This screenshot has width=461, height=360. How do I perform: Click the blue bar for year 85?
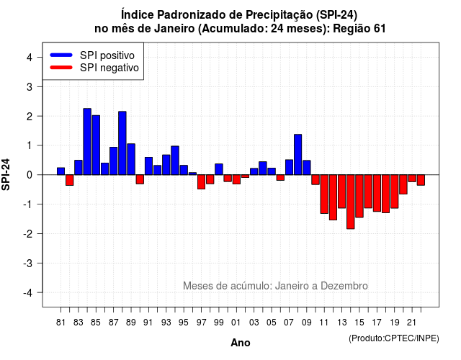[96, 145]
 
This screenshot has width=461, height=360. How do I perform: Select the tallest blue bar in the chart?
[87, 142]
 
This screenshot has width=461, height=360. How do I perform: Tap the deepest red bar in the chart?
[351, 202]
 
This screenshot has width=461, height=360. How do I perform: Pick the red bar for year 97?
[201, 182]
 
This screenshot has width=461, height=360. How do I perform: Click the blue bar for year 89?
[131, 159]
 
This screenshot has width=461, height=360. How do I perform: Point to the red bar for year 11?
[324, 194]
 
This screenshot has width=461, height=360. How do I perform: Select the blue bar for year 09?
[307, 168]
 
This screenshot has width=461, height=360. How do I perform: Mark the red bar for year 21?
[412, 179]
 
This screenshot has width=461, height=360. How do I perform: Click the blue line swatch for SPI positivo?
[61, 55]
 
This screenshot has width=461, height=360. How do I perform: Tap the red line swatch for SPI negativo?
[61, 67]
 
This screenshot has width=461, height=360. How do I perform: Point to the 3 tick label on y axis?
[30, 86]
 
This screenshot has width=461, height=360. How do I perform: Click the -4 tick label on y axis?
[28, 292]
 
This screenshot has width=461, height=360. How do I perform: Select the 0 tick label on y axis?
[30, 175]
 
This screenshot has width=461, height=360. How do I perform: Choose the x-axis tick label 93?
[166, 323]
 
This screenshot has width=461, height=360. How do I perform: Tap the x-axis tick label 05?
[272, 323]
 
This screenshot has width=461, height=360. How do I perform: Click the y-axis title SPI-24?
[6, 174]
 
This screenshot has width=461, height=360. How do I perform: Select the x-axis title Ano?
[241, 343]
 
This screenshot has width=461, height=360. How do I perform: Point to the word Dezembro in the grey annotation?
[344, 286]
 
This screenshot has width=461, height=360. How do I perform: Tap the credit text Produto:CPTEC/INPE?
[394, 338]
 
